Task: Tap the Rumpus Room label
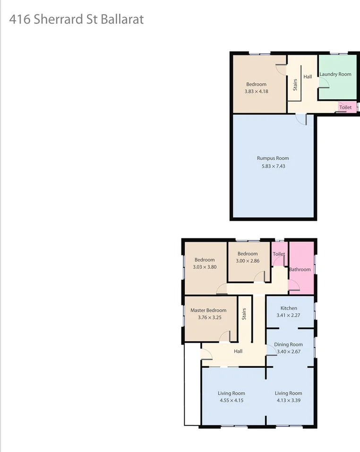273,158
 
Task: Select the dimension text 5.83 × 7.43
273,166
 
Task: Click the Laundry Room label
335,74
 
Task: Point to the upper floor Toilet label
345,108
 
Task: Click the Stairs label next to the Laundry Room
295,85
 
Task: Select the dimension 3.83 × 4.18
257,91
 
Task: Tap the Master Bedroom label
208,311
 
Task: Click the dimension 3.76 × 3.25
210,318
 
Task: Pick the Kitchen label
289,308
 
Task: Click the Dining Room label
288,345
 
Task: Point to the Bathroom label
300,269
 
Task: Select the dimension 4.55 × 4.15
231,400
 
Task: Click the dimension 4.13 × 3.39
288,400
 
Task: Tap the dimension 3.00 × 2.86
248,261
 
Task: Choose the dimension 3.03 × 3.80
205,267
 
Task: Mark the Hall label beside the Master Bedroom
238,351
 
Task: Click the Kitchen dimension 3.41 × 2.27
289,315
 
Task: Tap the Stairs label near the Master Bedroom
244,314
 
